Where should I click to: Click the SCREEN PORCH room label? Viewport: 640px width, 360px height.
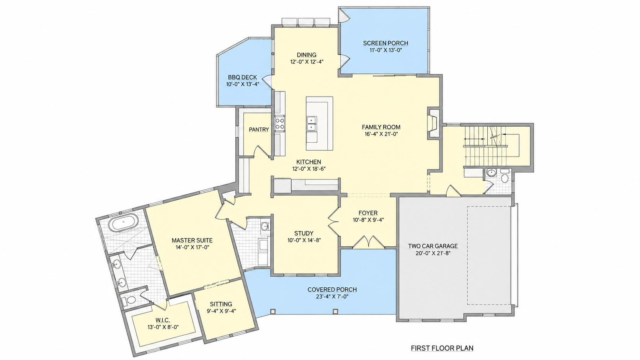385,43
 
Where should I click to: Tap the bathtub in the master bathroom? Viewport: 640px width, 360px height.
124,223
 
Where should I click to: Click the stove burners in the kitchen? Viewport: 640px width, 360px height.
280,123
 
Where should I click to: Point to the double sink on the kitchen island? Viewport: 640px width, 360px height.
312,123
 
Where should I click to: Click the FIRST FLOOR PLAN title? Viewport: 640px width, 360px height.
442,348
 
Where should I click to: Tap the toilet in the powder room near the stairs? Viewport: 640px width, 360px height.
505,177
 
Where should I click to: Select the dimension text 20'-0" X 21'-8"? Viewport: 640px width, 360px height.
433,253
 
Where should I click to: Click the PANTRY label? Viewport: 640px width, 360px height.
259,130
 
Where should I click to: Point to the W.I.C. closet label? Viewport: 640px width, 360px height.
163,320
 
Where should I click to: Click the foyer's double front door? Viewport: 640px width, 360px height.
369,242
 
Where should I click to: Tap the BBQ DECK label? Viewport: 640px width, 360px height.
243,77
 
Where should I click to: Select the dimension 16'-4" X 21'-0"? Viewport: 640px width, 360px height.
381,134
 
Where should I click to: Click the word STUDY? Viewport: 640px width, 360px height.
304,233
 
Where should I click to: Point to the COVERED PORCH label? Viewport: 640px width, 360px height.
332,290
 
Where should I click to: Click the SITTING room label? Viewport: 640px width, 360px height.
221,304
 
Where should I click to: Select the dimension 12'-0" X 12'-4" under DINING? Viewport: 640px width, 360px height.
307,62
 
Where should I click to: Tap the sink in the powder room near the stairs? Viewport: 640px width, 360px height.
491,173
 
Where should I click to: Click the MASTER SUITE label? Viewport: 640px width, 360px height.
192,241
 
